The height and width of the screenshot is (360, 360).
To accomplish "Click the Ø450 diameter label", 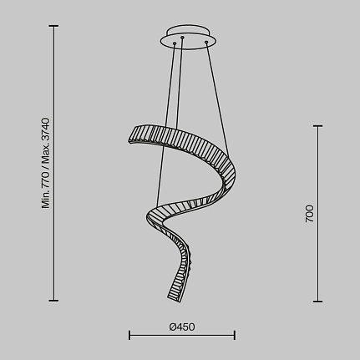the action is pyautogui.click(x=182, y=327).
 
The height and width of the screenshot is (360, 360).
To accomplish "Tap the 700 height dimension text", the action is pyautogui.click(x=309, y=214).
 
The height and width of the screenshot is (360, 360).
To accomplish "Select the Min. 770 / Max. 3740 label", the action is pyautogui.click(x=45, y=163).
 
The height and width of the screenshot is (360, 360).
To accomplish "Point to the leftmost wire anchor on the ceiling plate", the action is pyautogui.click(x=175, y=43).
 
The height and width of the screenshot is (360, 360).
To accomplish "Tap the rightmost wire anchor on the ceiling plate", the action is pyautogui.click(x=206, y=43).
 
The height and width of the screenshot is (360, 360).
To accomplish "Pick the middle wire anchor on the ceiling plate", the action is pyautogui.click(x=182, y=37).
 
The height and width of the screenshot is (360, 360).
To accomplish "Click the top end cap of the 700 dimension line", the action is pyautogui.click(x=317, y=126).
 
